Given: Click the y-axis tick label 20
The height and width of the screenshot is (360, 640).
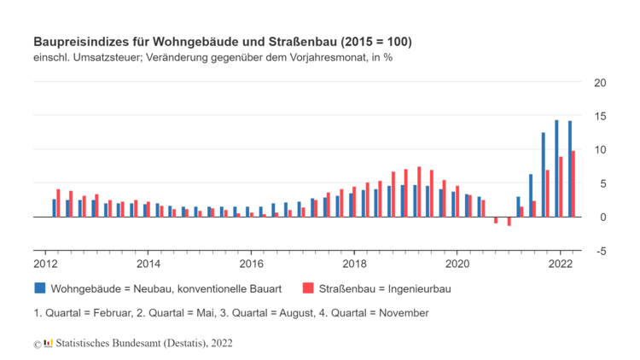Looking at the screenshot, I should [x=600, y=83].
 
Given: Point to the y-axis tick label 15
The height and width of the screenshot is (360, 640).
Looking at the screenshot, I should [x=600, y=116].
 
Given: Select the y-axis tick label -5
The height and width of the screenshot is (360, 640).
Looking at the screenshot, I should [x=601, y=251].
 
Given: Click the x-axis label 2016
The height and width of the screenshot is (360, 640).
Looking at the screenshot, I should [x=251, y=264].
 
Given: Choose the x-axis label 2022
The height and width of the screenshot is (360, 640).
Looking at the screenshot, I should [x=560, y=264].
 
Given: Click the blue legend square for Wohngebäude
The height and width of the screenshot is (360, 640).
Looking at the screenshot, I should [x=39, y=288].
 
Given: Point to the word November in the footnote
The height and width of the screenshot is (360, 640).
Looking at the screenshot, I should [x=402, y=313].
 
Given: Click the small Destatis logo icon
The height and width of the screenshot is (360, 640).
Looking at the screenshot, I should [x=48, y=343].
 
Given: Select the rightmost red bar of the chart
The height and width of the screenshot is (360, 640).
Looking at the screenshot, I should [x=573, y=184].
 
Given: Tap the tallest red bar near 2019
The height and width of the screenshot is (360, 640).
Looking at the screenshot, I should [x=419, y=191].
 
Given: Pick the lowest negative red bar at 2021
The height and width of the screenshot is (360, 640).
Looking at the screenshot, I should [x=509, y=221].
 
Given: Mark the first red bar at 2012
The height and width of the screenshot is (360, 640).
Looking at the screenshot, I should [x=58, y=203].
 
